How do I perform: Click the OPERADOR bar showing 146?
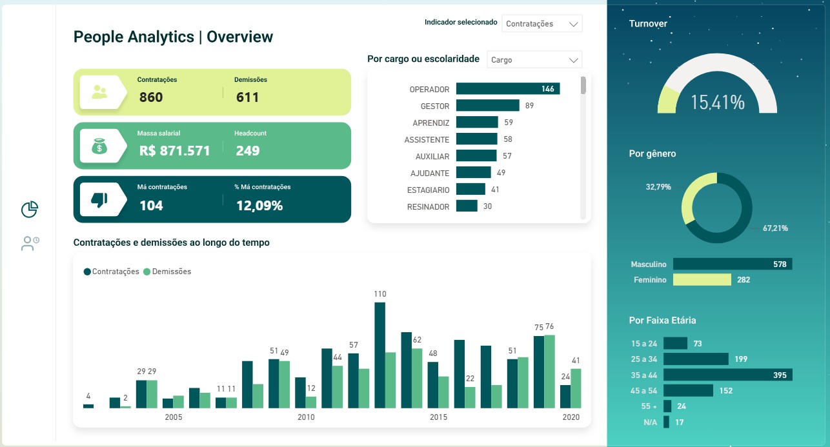tap(507, 89)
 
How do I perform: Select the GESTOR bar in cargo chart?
tap(487, 106)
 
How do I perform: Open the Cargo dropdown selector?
tap(534, 60)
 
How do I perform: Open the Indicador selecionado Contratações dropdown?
tap(542, 24)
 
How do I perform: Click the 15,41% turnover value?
tap(717, 102)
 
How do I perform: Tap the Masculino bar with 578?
tap(732, 264)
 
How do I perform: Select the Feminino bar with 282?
tap(702, 280)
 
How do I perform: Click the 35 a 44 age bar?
tap(727, 375)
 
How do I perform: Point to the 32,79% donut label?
tap(658, 187)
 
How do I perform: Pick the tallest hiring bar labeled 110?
tap(380, 355)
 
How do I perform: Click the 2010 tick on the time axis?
tap(306, 417)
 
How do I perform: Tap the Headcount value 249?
tap(248, 151)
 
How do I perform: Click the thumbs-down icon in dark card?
tap(99, 201)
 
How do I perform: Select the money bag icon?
tap(99, 147)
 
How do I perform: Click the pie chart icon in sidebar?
tap(30, 209)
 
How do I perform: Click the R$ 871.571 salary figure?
tap(175, 151)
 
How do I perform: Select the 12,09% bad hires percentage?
tap(259, 206)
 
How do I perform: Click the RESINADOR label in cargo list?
tap(428, 206)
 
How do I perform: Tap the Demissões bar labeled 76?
tap(549, 371)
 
